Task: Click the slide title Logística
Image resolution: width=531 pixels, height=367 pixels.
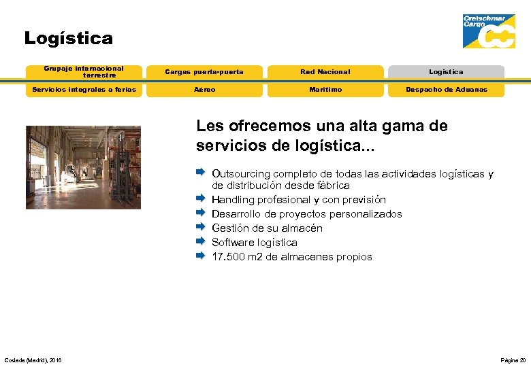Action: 68,39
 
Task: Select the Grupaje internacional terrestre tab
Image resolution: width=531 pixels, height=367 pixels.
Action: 84,71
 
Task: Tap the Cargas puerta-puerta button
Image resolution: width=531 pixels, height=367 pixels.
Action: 204,72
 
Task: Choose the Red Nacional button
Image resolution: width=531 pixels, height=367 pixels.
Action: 325,72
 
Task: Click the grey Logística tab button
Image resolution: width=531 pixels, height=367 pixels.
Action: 446,72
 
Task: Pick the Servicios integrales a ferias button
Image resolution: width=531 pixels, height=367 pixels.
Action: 84,90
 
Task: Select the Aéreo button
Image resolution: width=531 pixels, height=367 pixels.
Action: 204,90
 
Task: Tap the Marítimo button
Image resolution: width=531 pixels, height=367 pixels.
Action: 325,90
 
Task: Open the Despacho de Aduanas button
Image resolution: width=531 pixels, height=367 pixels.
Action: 446,90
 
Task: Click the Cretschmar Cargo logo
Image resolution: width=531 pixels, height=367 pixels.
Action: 488,31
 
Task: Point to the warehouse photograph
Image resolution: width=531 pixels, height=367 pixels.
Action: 83,167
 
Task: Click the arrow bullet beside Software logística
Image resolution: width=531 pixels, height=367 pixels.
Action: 200,242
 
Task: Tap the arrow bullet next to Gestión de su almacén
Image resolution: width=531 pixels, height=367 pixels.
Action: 200,228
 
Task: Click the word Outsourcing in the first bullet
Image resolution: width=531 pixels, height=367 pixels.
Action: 240,174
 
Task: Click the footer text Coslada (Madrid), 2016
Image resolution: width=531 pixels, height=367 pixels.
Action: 33,360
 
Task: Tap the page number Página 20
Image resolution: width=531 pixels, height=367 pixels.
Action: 513,360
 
